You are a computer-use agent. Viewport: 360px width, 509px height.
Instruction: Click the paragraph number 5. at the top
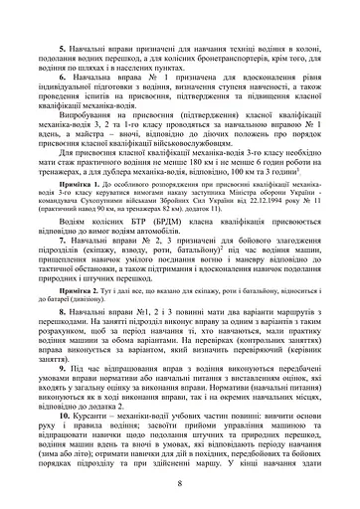coord(63,49)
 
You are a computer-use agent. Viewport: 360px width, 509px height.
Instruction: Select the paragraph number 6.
coord(63,76)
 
